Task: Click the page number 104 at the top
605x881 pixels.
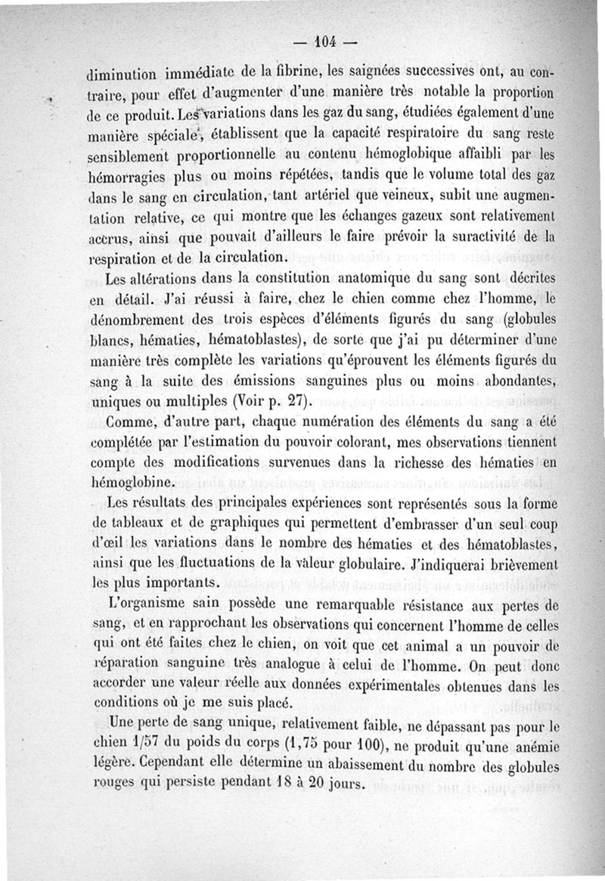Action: pos(327,42)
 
